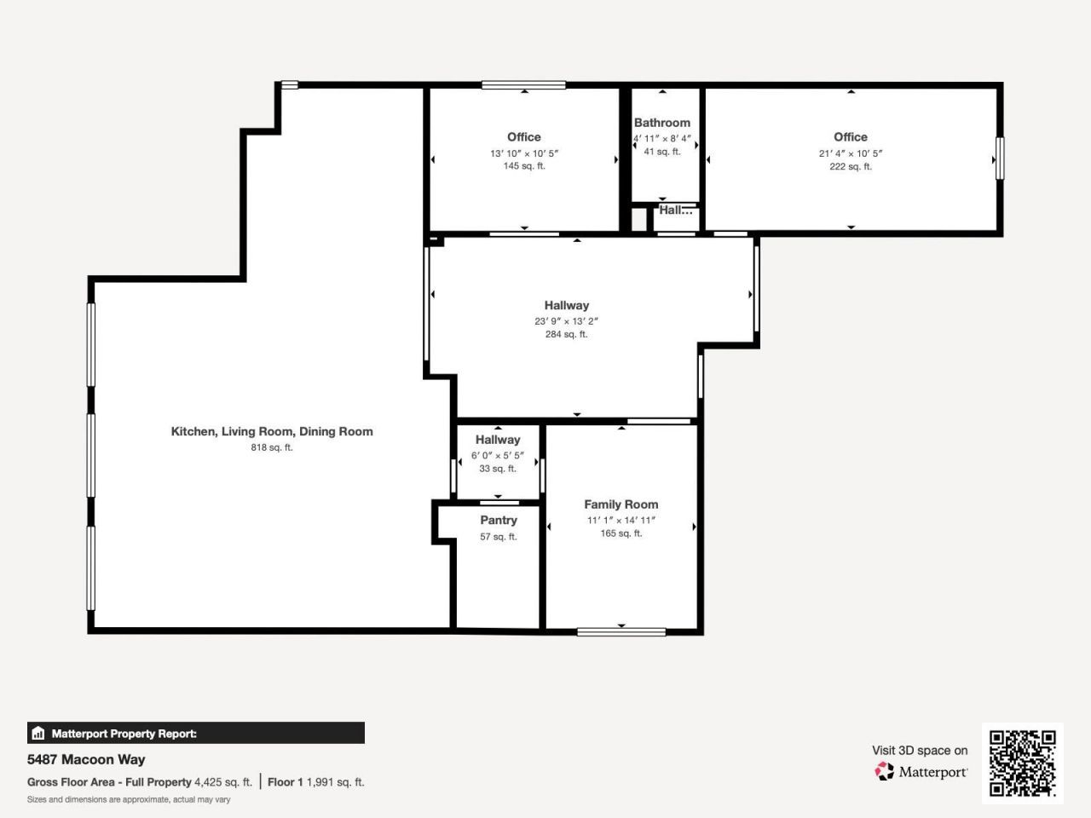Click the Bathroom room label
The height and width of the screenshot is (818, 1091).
click(x=661, y=123)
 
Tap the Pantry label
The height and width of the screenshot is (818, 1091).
click(x=499, y=520)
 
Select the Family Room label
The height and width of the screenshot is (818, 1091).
click(x=621, y=504)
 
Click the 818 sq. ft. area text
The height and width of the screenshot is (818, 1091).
click(x=271, y=447)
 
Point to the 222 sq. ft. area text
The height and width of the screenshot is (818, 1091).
click(x=850, y=167)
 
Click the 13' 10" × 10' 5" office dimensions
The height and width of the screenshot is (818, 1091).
click(x=523, y=153)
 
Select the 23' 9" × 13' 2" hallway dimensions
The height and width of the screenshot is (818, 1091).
click(x=566, y=321)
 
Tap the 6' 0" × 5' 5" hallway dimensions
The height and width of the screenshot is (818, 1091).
click(x=498, y=456)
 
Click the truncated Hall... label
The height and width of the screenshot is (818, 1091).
click(x=675, y=210)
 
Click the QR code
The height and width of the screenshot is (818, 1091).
click(x=1022, y=763)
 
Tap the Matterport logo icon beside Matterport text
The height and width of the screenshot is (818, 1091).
click(x=884, y=771)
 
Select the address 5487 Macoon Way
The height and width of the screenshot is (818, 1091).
click(x=86, y=759)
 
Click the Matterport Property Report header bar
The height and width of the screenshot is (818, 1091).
click(x=195, y=733)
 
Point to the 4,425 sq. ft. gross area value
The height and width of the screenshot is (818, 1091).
click(x=222, y=781)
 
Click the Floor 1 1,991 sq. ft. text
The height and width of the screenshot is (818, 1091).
click(x=315, y=781)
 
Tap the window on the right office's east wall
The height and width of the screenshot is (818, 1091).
click(x=1000, y=158)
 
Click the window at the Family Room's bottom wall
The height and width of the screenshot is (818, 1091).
click(x=621, y=631)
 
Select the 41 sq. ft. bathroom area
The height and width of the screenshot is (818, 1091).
click(x=661, y=152)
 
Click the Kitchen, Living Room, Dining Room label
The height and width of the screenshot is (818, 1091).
click(x=271, y=431)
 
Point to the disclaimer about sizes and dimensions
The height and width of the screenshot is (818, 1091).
click(x=129, y=799)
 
